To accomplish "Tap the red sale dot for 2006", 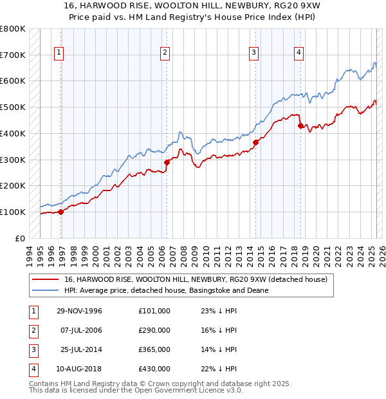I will pyautogui.click(x=167, y=162).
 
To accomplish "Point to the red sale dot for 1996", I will pyautogui.click(x=61, y=211).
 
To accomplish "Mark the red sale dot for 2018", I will pyautogui.click(x=300, y=125).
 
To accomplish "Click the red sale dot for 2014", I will pyautogui.click(x=255, y=142).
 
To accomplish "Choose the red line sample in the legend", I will pyautogui.click(x=46, y=280).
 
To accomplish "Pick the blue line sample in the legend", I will pyautogui.click(x=46, y=290).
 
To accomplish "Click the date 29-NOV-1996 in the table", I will pyautogui.click(x=80, y=311).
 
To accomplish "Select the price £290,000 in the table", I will pyautogui.click(x=154, y=330).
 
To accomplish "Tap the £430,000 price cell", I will pyautogui.click(x=154, y=369).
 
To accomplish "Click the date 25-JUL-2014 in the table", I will pyautogui.click(x=80, y=349).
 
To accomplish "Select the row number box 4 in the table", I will pyautogui.click(x=32, y=369).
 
